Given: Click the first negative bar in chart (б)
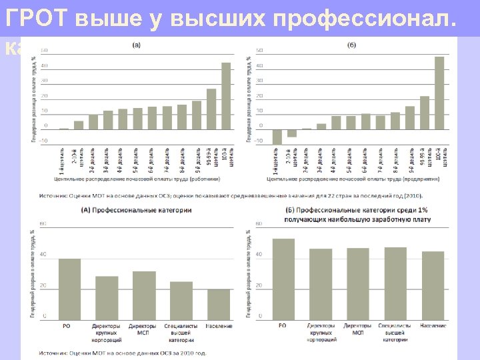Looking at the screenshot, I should pos(277,136).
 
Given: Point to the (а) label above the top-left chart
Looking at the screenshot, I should pos(136,45).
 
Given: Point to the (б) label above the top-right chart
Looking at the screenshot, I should pos(352,45).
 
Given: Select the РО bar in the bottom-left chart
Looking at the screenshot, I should pos(69,287).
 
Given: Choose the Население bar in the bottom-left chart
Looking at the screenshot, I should pos(219,303).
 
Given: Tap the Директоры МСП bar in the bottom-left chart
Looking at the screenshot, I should pos(143,293).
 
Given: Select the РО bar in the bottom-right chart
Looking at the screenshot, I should pos(283,277).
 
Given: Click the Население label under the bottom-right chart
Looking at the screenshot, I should pos(433,325).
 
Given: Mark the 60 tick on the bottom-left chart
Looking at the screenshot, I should pos(43,223).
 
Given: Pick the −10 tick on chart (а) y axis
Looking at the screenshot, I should pos(43,141).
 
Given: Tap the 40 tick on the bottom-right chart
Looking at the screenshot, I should pos(259,254).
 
